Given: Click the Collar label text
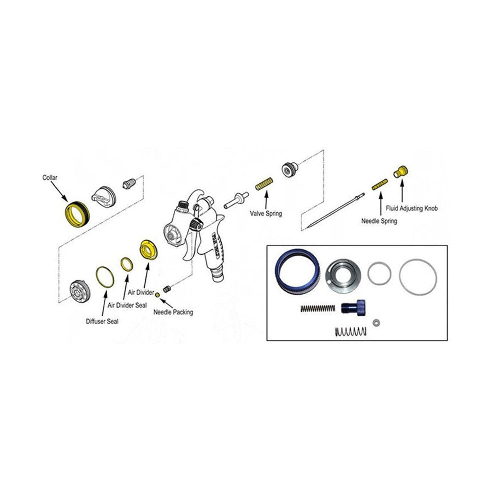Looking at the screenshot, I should tap(50, 178).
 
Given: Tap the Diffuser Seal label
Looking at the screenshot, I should tap(102, 321).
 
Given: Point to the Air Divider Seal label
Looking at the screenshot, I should tap(127, 305).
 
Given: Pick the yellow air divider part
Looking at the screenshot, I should tap(147, 250).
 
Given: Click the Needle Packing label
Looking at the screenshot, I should tap(173, 312).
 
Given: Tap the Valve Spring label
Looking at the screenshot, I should tap(266, 213).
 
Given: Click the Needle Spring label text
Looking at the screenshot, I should tap(379, 221).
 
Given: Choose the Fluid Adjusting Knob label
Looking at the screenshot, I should tap(412, 209).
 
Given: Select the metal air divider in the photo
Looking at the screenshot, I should tap(344, 274).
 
